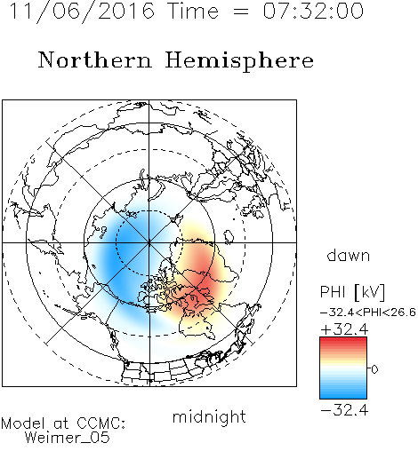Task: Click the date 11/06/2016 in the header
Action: tap(82, 11)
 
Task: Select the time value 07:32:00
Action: tap(313, 11)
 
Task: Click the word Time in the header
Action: tap(193, 11)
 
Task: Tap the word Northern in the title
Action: tap(95, 59)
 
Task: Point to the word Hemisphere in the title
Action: tap(239, 61)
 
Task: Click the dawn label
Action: tap(349, 255)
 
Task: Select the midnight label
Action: tap(209, 416)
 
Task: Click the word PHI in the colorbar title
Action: tap(333, 292)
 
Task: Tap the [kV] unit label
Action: tap(369, 292)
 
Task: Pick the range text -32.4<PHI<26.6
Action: tap(368, 313)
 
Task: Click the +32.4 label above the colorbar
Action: tap(344, 329)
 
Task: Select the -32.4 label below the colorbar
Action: tap(344, 410)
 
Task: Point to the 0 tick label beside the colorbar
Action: tap(374, 369)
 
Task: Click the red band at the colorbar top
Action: tap(343, 343)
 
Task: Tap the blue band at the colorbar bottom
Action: tap(343, 392)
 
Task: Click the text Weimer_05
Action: tap(68, 437)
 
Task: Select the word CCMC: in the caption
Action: tap(100, 423)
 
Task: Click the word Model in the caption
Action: tap(23, 423)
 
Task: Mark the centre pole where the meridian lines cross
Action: tap(149, 242)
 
